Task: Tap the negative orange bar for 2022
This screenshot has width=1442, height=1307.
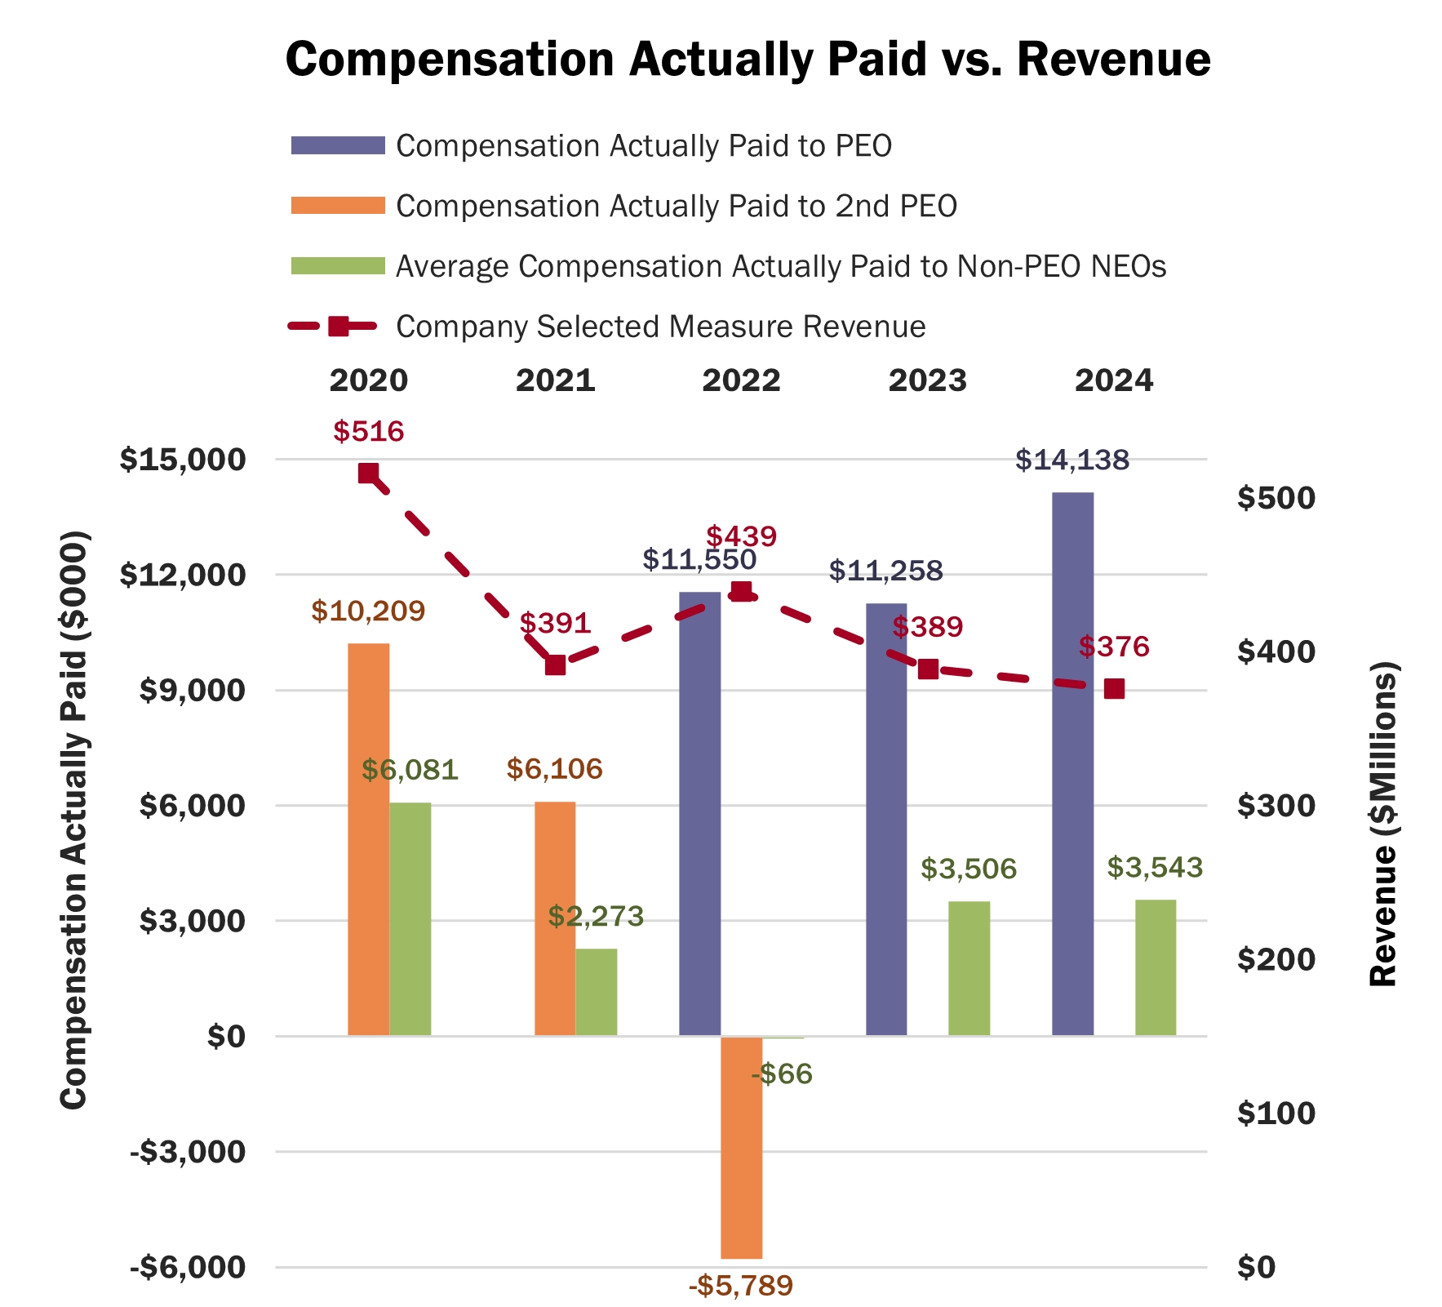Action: coord(741,1147)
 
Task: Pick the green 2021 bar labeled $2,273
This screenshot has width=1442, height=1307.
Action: coord(597,992)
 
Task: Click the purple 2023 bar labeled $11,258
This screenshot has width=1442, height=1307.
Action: coord(886,820)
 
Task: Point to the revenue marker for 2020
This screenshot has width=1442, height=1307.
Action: coord(368,473)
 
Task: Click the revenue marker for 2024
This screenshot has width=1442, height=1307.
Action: coord(1114,689)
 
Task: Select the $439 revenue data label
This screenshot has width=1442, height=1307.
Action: coord(741,536)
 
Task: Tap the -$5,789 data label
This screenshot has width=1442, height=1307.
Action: coord(741,1287)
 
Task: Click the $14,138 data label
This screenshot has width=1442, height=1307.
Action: coord(1072,460)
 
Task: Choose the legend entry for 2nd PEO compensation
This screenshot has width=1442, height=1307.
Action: coord(676,207)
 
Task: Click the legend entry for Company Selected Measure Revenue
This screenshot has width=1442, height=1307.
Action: coord(660,327)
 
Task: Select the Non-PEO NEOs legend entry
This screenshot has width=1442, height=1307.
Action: coord(780,267)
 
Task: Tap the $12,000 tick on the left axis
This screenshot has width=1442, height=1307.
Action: coord(182,575)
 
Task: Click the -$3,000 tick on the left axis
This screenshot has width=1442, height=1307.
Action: coord(187,1152)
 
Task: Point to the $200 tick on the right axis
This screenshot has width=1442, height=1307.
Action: coord(1276,959)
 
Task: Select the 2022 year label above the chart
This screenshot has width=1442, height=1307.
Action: coord(741,380)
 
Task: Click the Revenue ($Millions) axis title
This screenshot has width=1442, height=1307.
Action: coord(1383,825)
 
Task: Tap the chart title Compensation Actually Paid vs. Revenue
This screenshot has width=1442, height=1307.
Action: coord(748,60)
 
